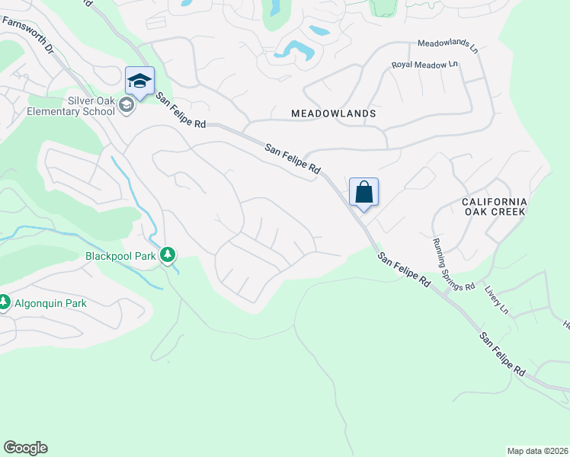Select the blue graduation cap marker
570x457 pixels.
tap(139, 81)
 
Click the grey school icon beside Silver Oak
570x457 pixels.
tap(126, 105)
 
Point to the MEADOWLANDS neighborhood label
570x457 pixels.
tap(334, 113)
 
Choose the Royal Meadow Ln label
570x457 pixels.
tap(426, 66)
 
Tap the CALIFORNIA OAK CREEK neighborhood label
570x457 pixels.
tap(494, 206)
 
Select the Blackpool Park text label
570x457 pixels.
tap(121, 256)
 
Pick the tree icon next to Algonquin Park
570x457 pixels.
tap(4, 303)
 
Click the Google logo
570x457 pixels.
tap(25, 448)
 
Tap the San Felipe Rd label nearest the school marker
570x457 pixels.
tap(181, 110)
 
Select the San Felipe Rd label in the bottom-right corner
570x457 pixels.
tap(502, 354)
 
